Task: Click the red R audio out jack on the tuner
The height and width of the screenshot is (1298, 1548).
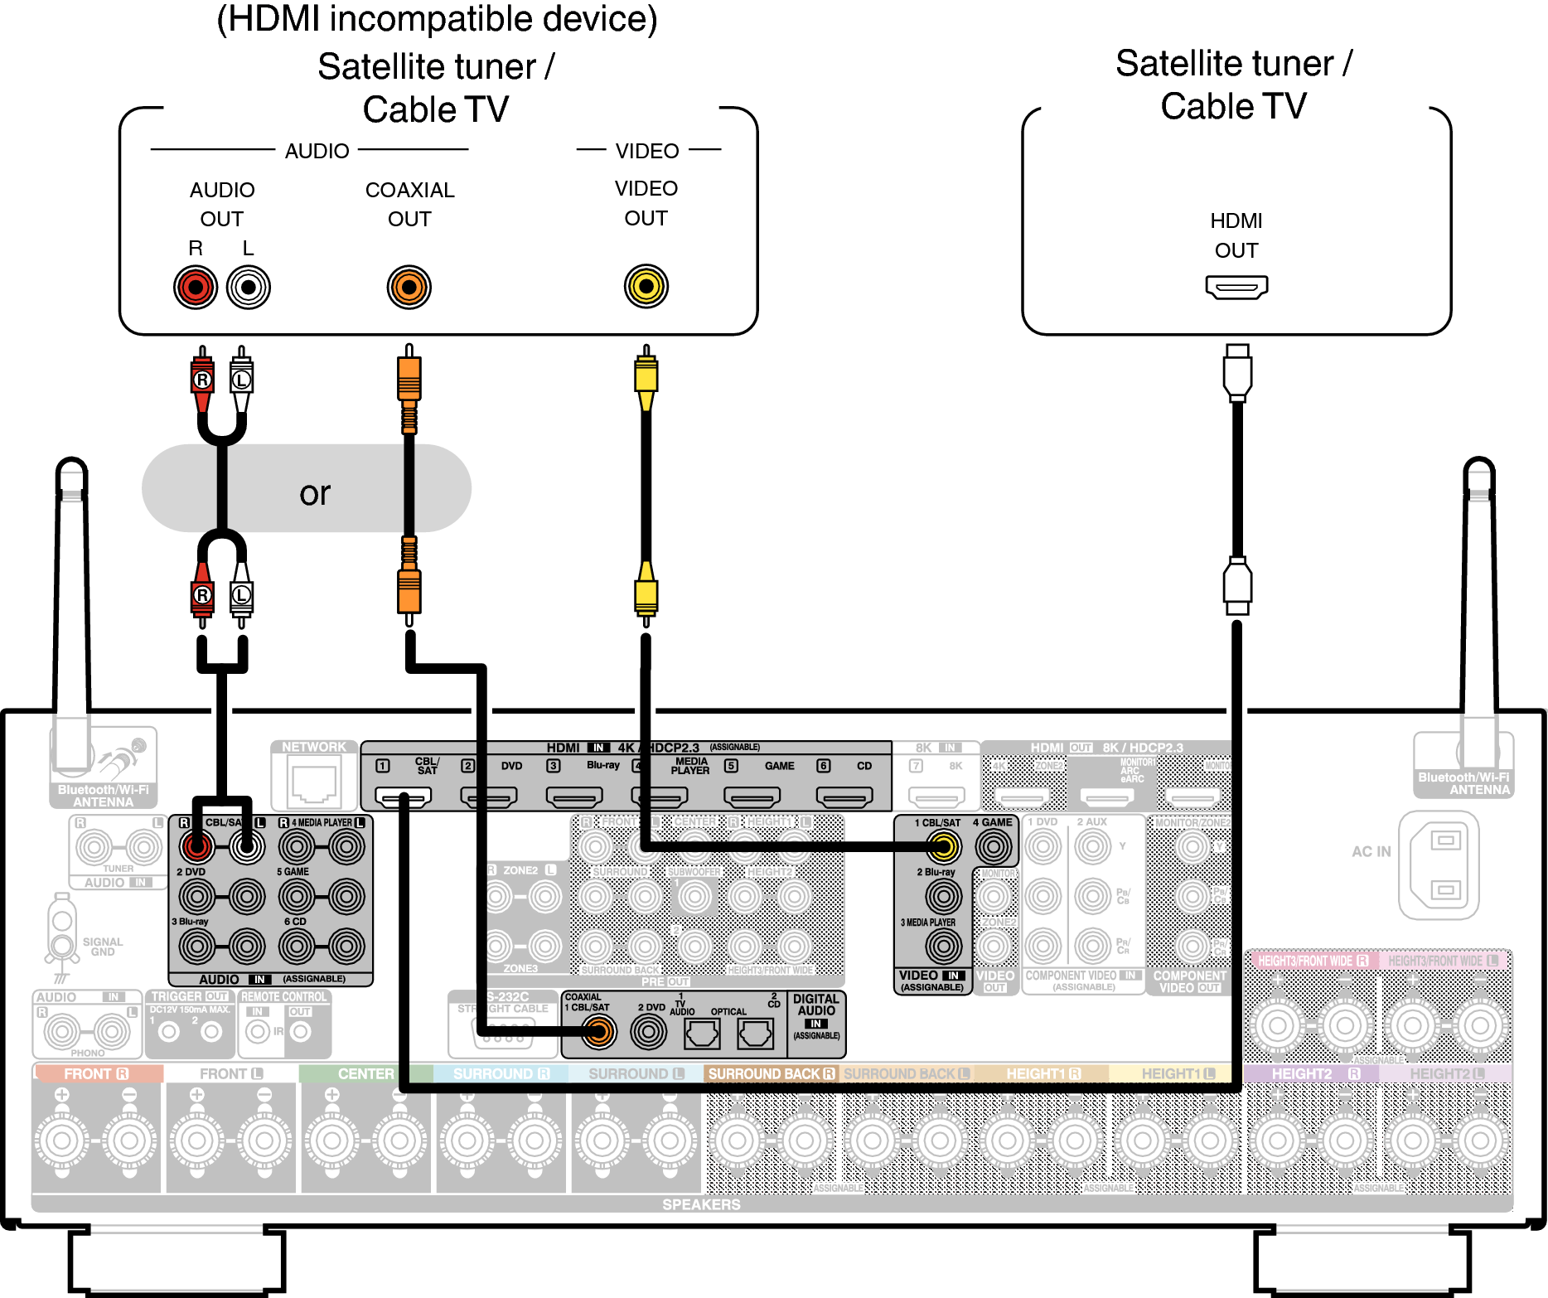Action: [196, 288]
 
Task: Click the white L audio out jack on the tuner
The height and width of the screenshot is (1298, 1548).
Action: [248, 288]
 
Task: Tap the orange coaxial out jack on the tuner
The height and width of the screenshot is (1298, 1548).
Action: [409, 288]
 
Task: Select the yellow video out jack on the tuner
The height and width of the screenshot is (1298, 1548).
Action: [646, 287]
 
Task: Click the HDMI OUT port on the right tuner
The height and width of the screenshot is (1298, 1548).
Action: [1236, 288]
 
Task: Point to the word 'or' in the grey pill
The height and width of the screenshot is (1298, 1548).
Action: [315, 494]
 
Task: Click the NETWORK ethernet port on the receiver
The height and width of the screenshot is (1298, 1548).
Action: [314, 784]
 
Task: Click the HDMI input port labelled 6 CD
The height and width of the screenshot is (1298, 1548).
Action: [844, 797]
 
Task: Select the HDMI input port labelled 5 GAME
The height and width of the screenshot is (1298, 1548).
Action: [752, 797]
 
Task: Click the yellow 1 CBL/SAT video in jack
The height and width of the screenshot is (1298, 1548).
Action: [943, 846]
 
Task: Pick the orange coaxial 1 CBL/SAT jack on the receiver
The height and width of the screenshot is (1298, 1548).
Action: [597, 1032]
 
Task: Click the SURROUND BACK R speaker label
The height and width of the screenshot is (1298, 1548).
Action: [771, 1073]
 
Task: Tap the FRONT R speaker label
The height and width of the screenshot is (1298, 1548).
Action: [96, 1073]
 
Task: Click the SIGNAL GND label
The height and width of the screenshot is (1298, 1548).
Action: [103, 947]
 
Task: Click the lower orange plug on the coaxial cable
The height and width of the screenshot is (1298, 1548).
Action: [409, 588]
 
